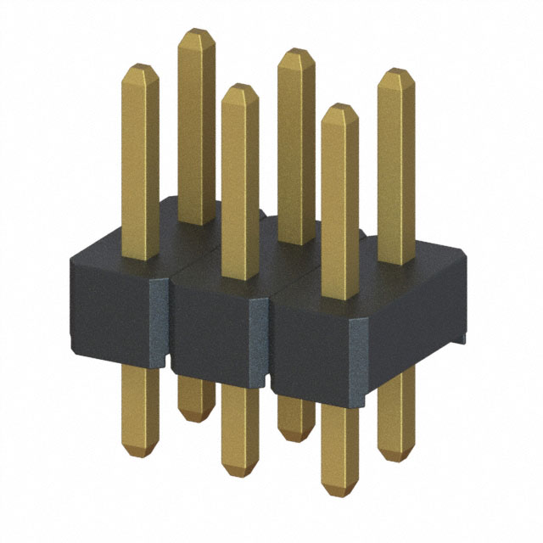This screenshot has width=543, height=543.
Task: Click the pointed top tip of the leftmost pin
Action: (140, 66)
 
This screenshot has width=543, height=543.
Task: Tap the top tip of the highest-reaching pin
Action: (196, 31)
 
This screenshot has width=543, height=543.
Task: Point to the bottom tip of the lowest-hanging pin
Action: (339, 495)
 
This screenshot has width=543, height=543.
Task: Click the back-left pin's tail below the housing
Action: (195, 399)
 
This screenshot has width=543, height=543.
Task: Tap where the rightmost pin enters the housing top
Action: (396, 260)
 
